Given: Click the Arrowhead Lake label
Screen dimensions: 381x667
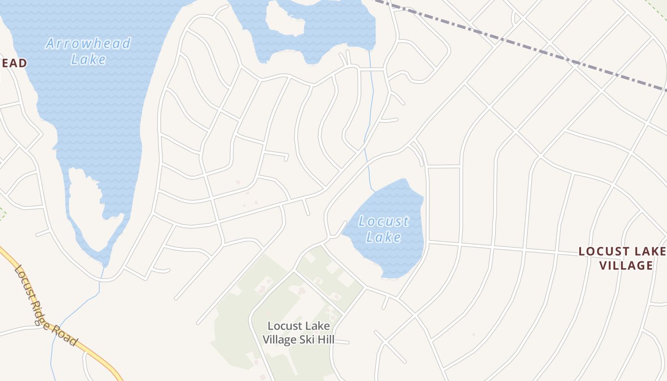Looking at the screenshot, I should click(x=88, y=51).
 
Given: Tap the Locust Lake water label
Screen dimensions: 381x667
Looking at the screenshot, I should click(x=384, y=229).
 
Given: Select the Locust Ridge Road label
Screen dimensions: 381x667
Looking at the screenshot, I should click(x=46, y=306).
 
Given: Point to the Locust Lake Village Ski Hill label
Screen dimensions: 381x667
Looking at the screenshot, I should click(x=298, y=333).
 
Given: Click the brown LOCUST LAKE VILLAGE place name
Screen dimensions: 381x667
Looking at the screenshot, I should click(x=622, y=258).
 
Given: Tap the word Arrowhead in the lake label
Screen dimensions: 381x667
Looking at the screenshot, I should click(x=88, y=44).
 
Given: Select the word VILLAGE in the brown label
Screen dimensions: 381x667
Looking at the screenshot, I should click(x=626, y=265).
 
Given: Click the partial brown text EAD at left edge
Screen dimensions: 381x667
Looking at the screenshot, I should click(x=13, y=63).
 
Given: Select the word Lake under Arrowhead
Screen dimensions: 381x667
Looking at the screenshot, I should click(x=88, y=60).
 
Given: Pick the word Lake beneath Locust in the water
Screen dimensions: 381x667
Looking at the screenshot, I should click(x=384, y=237).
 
